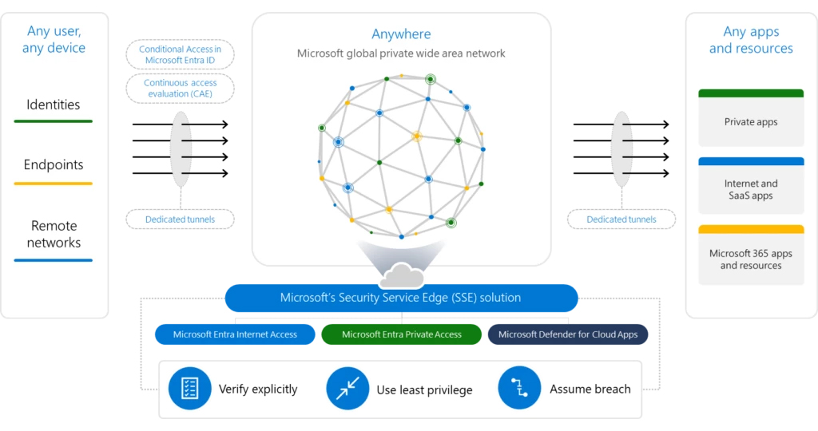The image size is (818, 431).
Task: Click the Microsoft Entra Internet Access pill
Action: pyautogui.click(x=235, y=334)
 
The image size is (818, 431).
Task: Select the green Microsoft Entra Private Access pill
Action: pyautogui.click(x=401, y=334)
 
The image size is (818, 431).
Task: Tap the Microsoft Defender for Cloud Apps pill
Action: pyautogui.click(x=567, y=334)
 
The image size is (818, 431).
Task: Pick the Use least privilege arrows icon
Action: pyautogui.click(x=347, y=389)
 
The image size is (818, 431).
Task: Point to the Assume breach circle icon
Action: pyautogui.click(x=519, y=389)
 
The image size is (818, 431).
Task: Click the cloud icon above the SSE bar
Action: pyautogui.click(x=401, y=276)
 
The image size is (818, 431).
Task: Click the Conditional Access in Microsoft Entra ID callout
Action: pyautogui.click(x=180, y=55)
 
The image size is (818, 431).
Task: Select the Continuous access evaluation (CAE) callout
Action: pyautogui.click(x=179, y=88)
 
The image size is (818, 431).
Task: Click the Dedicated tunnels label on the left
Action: pyautogui.click(x=180, y=219)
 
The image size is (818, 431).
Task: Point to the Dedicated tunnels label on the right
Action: pyautogui.click(x=621, y=219)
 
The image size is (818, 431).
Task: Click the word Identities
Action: pyautogui.click(x=54, y=105)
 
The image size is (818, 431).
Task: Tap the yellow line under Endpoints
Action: pyautogui.click(x=54, y=184)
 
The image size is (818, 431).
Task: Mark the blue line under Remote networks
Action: pyautogui.click(x=54, y=260)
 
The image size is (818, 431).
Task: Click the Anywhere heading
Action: pyautogui.click(x=401, y=34)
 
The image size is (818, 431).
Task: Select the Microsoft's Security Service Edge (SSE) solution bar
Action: pyautogui.click(x=401, y=298)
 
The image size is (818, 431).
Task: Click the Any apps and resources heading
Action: pyautogui.click(x=751, y=40)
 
